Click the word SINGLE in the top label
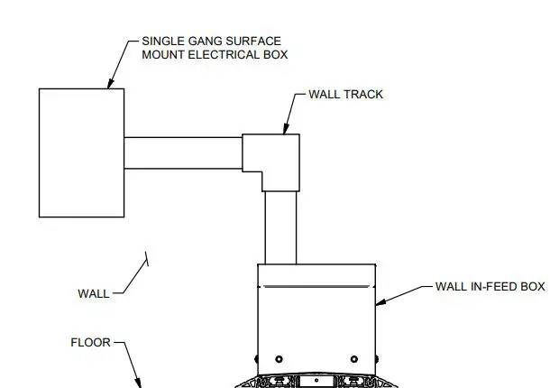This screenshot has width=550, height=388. click(162, 42)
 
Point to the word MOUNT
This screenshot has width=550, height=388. click(163, 55)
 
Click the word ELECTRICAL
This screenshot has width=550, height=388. click(225, 55)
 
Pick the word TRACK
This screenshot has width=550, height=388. click(363, 95)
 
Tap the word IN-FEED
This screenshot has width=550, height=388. click(493, 287)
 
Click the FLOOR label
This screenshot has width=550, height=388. click(90, 343)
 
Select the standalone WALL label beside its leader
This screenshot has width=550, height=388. click(93, 293)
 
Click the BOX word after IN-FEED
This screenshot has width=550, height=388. click(533, 287)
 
